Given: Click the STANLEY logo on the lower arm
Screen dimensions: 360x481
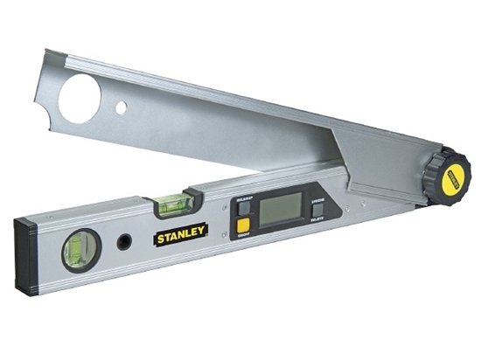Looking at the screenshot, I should [181, 233].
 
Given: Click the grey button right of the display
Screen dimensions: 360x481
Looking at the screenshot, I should [317, 210].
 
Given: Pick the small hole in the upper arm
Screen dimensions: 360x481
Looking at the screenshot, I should [122, 107].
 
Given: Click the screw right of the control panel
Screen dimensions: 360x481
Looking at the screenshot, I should [346, 208].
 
